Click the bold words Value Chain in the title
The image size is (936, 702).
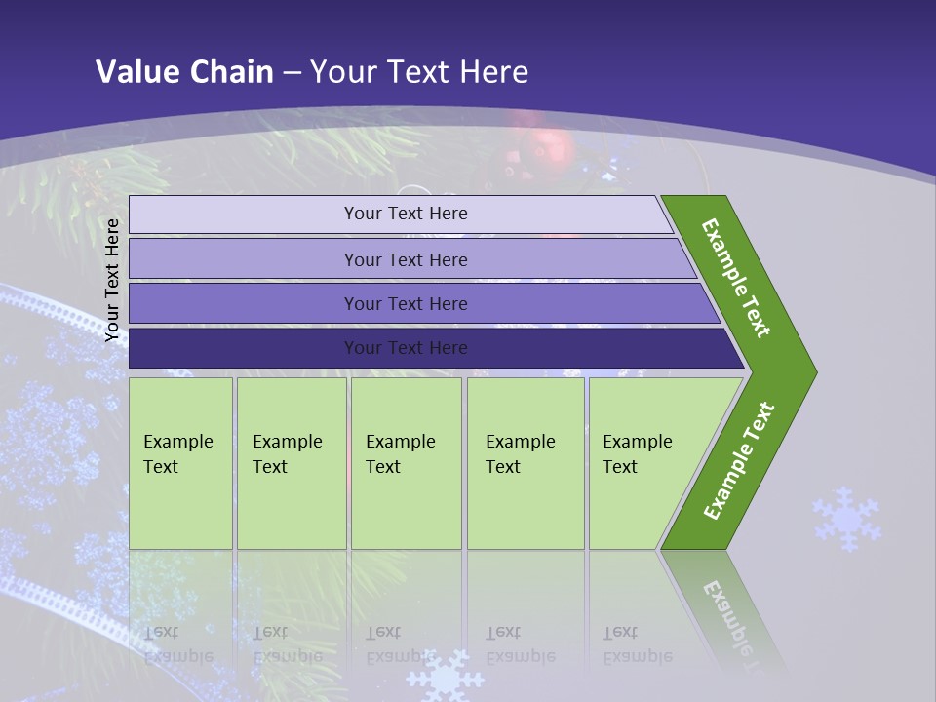pyautogui.click(x=184, y=71)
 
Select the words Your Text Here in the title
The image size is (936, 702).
pyautogui.click(x=419, y=71)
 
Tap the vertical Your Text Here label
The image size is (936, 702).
pyautogui.click(x=112, y=281)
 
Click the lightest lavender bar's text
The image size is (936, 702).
pyautogui.click(x=406, y=214)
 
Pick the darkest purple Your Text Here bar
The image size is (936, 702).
pyautogui.click(x=406, y=348)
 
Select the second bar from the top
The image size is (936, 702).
pyautogui.click(x=406, y=259)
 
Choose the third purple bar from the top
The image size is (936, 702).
pyautogui.click(x=406, y=304)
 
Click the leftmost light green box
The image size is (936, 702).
pyautogui.click(x=180, y=463)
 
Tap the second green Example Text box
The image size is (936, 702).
pyautogui.click(x=291, y=463)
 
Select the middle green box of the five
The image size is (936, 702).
pyautogui.click(x=406, y=463)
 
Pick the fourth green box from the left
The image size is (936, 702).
pyautogui.click(x=525, y=463)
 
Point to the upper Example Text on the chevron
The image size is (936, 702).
pyautogui.click(x=736, y=278)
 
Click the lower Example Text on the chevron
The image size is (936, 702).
pyautogui.click(x=739, y=460)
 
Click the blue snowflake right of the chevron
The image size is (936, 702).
pyautogui.click(x=846, y=519)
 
